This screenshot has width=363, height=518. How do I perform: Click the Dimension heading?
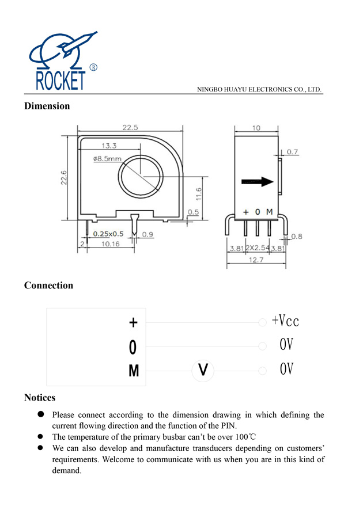click(x=47, y=106)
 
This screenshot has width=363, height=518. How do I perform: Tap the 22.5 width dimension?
click(x=130, y=128)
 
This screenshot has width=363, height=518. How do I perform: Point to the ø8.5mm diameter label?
click(x=107, y=158)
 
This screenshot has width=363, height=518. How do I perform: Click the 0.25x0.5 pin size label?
click(x=108, y=234)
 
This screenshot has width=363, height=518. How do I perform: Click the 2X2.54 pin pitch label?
click(x=258, y=248)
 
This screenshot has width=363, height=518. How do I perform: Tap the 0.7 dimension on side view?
click(x=292, y=152)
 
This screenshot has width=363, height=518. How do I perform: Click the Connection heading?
click(x=48, y=285)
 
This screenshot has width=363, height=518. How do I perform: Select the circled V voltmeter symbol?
click(x=202, y=370)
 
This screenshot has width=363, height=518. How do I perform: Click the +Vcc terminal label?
click(x=285, y=321)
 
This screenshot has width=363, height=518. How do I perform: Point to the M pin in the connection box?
click(x=134, y=371)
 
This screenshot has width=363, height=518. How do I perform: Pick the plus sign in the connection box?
click(x=133, y=322)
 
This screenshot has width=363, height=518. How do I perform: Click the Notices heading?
click(x=40, y=398)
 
